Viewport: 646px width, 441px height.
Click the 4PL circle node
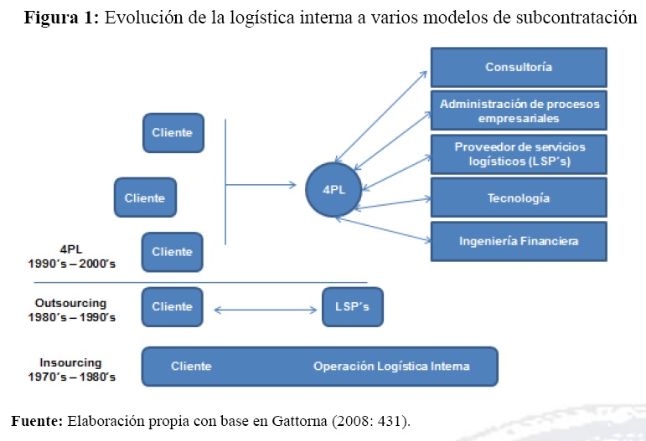pyautogui.click(x=334, y=189)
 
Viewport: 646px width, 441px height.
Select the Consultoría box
pyautogui.click(x=519, y=67)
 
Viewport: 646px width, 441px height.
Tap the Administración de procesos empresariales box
pyautogui.click(x=519, y=110)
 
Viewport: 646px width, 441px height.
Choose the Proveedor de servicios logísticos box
pyautogui.click(x=519, y=154)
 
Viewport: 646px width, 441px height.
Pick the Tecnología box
pyautogui.click(x=519, y=198)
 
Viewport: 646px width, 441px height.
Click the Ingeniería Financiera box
pyautogui.click(x=519, y=242)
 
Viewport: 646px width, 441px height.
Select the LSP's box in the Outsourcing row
pyautogui.click(x=352, y=307)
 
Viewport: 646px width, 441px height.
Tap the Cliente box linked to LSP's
pyautogui.click(x=172, y=307)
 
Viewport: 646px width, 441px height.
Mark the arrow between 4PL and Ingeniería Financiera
pyautogui.click(x=381, y=229)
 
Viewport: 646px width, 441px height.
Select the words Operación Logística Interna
pyautogui.click(x=391, y=367)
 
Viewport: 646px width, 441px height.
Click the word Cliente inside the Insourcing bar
pyautogui.click(x=191, y=367)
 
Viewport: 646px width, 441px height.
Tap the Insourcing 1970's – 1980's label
pyautogui.click(x=70, y=370)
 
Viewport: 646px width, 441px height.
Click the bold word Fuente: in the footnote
pyautogui.click(x=37, y=420)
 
